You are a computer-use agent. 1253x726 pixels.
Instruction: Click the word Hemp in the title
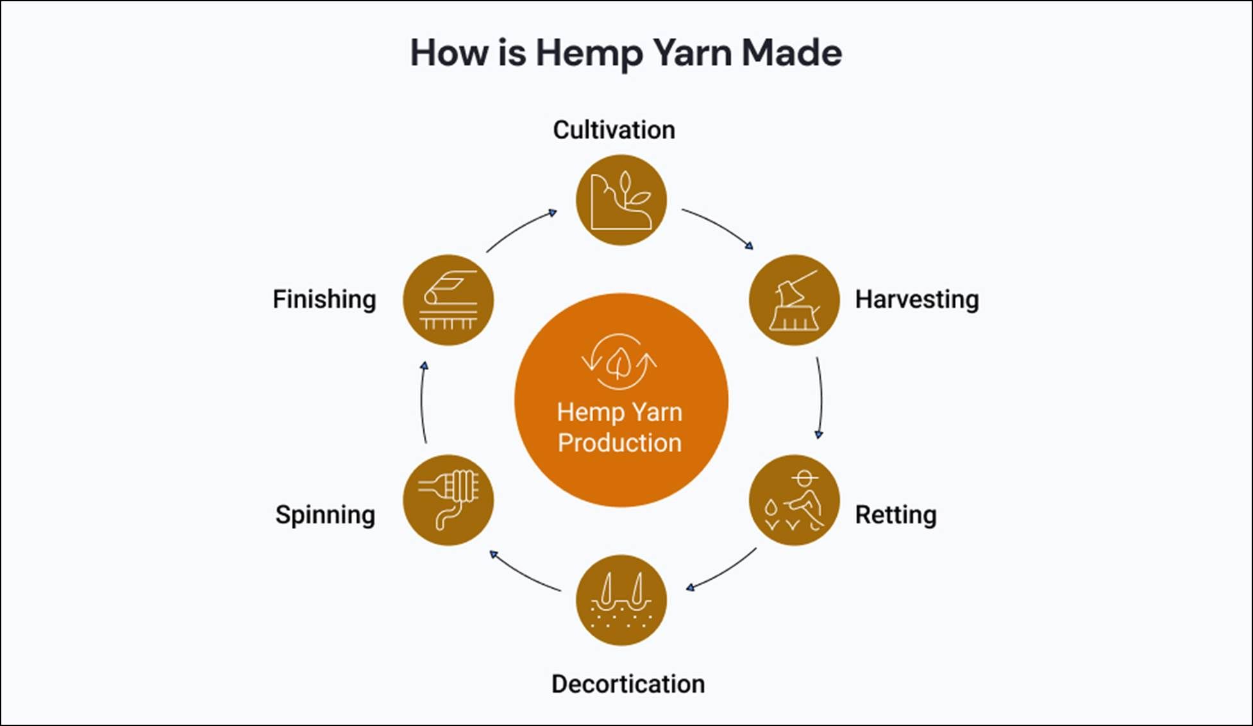click(x=589, y=53)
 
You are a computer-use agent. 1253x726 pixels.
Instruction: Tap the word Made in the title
click(x=791, y=53)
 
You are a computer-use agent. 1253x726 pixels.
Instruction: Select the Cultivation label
click(x=614, y=130)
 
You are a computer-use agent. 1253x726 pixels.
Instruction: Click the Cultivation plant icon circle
click(x=621, y=200)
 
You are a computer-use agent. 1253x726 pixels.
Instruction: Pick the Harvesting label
click(x=916, y=300)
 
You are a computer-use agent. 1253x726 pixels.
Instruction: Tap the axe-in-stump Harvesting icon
click(x=794, y=300)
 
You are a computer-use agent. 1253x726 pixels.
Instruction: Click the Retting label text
click(x=895, y=515)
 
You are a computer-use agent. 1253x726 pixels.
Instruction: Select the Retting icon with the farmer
click(x=794, y=500)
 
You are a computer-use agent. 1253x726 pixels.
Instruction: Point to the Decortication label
click(x=628, y=684)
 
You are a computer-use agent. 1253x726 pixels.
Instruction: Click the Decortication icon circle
click(x=621, y=600)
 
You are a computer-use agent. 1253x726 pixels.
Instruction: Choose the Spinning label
click(x=325, y=515)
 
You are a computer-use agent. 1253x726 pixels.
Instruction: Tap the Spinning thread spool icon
click(x=448, y=500)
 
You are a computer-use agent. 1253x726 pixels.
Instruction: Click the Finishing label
click(x=324, y=300)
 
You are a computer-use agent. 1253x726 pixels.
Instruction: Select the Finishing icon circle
click(x=448, y=300)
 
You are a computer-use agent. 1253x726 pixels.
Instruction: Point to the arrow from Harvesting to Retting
click(x=820, y=398)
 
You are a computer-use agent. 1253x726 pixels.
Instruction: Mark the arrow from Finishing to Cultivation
click(x=519, y=229)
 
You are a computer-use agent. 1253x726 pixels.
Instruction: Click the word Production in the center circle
click(x=619, y=443)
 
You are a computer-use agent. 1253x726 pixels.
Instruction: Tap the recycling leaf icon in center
click(x=619, y=362)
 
